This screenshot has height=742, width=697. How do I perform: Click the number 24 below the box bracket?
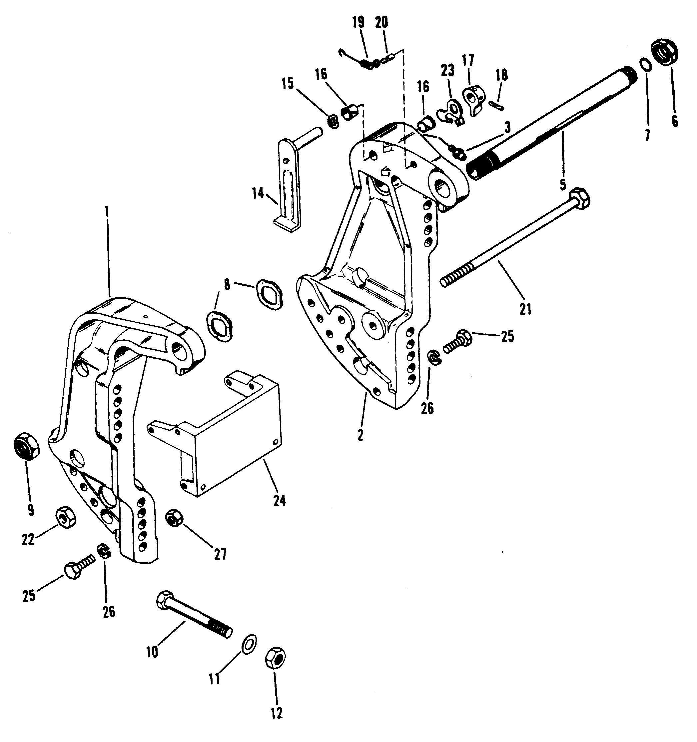click(279, 501)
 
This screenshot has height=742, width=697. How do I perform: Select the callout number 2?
click(360, 435)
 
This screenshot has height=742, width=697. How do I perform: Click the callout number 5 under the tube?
click(563, 183)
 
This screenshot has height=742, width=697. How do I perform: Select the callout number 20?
click(381, 23)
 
